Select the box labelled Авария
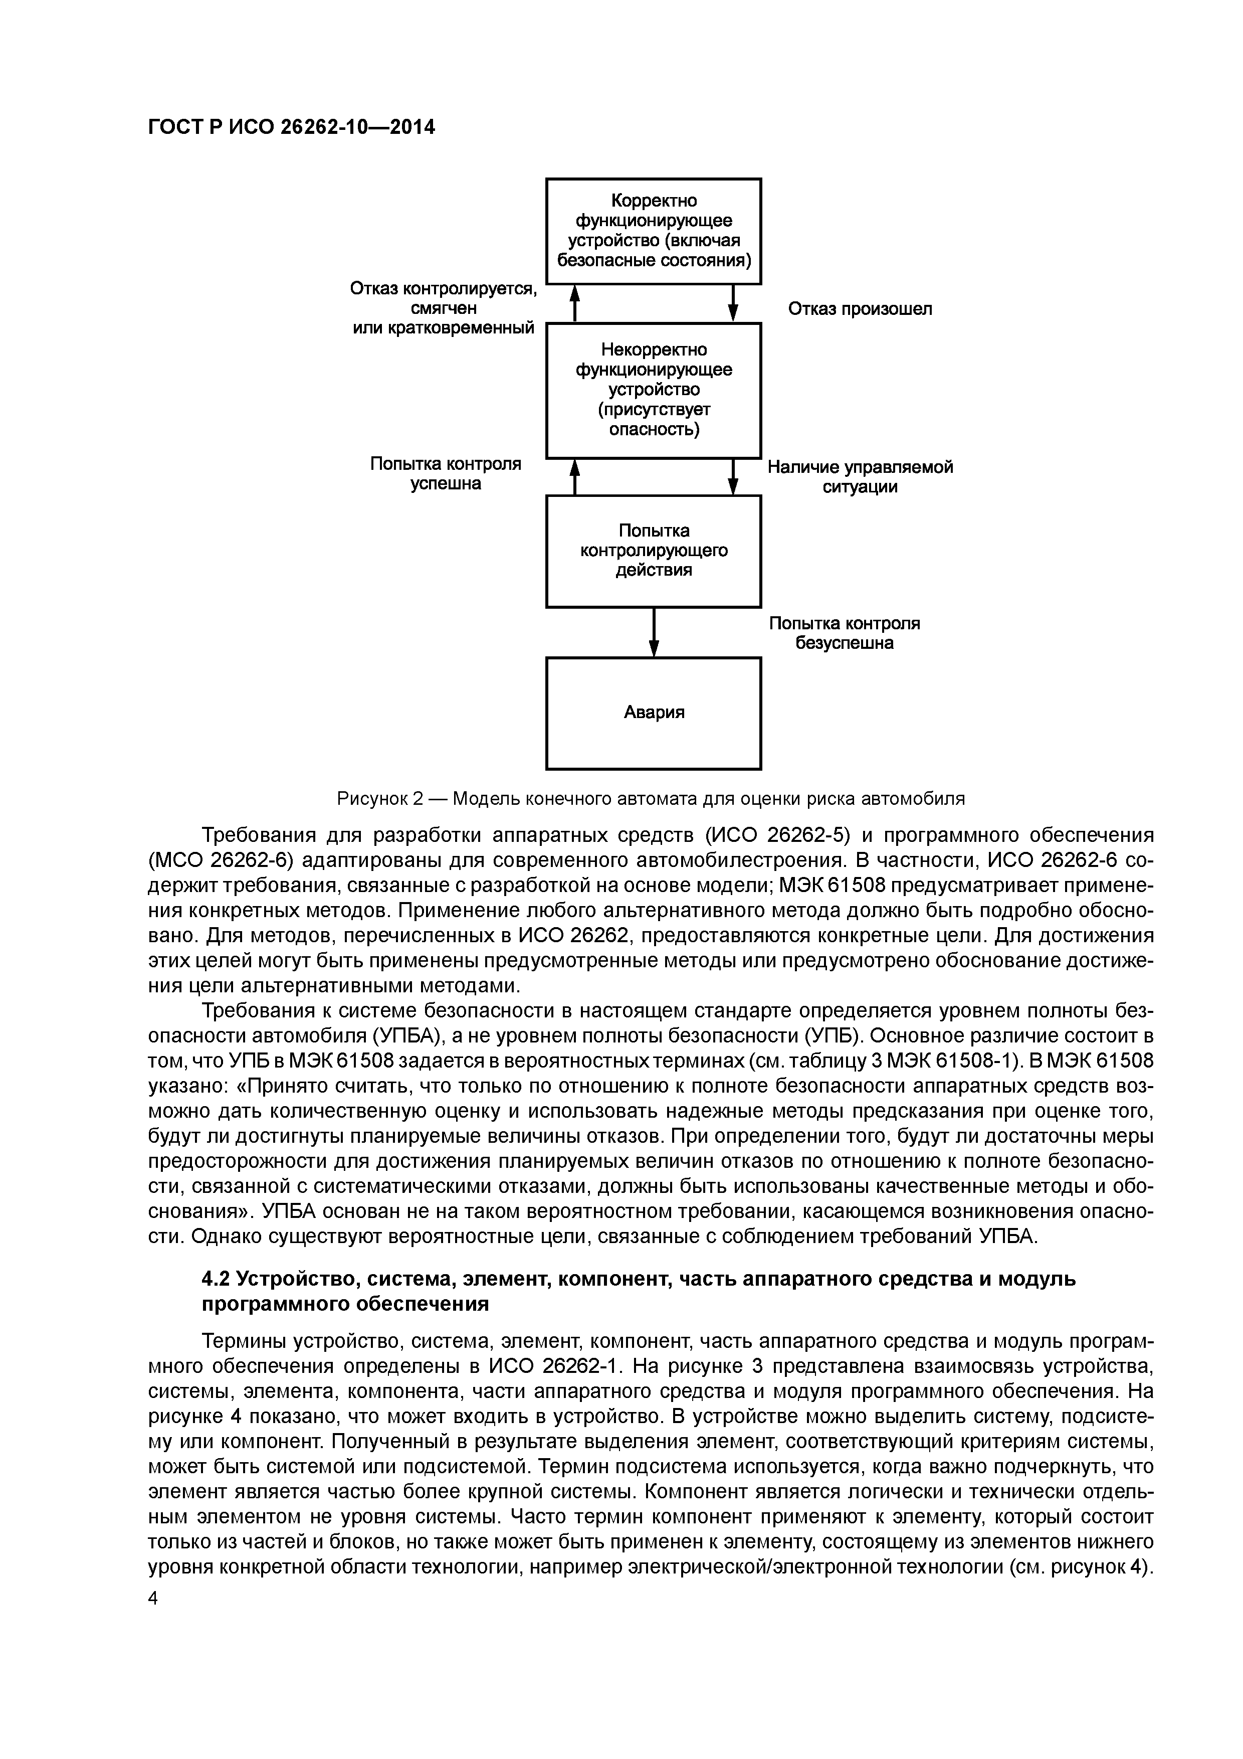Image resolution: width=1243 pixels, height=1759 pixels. coord(653,713)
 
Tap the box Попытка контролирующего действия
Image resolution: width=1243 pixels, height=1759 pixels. coord(653,551)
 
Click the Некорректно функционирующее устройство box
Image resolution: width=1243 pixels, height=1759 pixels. coord(653,390)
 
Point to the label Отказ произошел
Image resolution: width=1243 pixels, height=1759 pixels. coord(860,309)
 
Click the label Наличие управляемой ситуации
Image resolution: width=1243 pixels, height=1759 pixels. coord(860,476)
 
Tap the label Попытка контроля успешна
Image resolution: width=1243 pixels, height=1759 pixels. coord(446,473)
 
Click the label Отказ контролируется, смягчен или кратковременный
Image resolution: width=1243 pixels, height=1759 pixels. coord(443,308)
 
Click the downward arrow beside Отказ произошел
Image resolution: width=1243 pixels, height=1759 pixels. coord(733,303)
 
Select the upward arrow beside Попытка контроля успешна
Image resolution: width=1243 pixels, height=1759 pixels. coord(574,476)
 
